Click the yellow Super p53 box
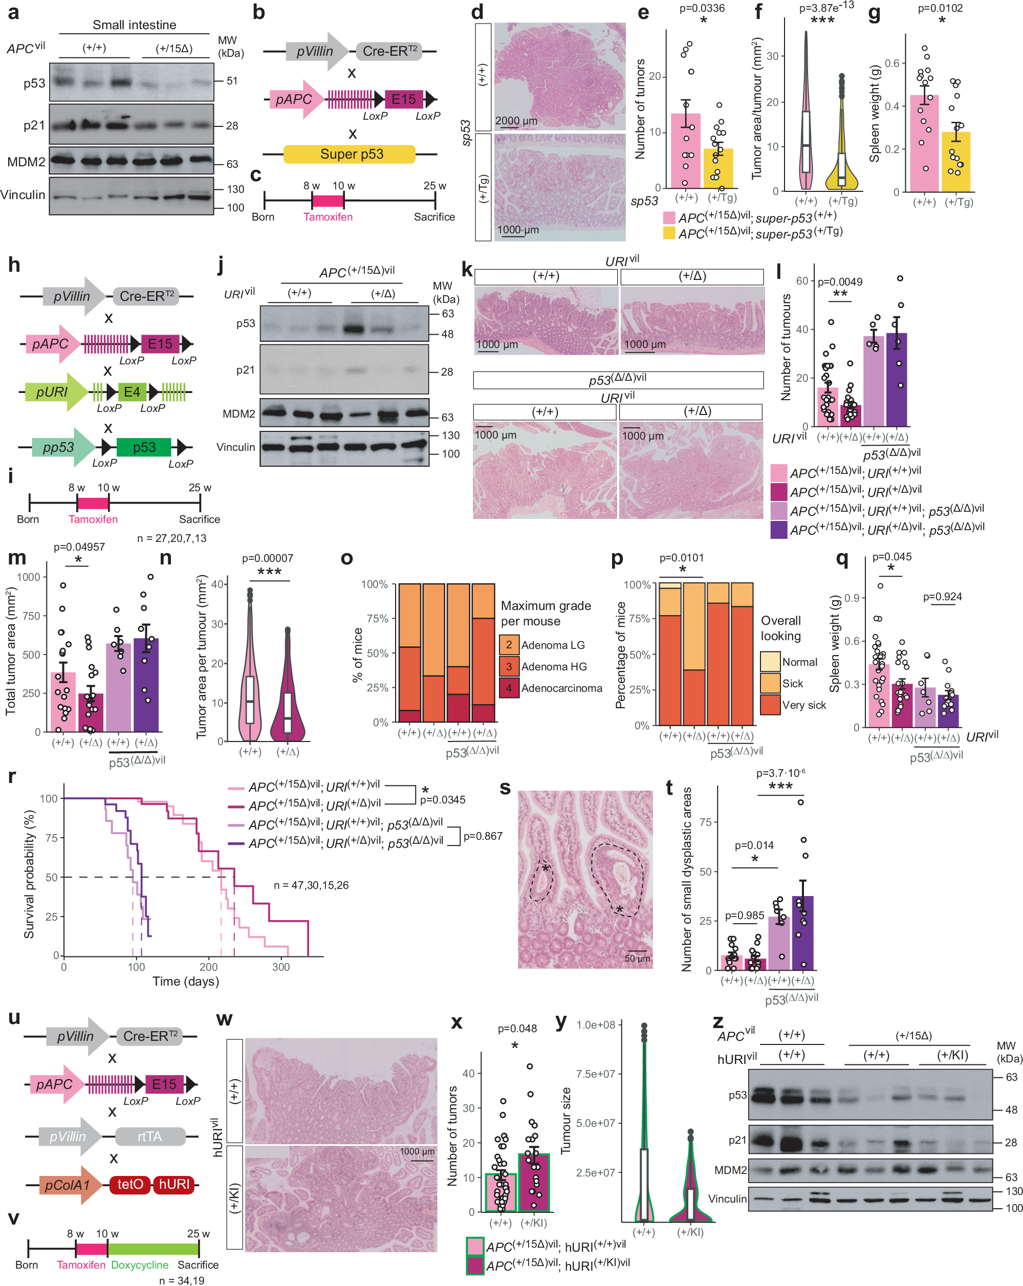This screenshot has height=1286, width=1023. [350, 154]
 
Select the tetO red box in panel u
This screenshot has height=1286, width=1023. [130, 1184]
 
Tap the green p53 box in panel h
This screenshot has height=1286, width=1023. [144, 447]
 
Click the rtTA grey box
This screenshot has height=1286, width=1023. [150, 1136]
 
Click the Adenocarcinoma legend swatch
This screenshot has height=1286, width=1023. [509, 688]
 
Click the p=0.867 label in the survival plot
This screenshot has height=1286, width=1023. [483, 836]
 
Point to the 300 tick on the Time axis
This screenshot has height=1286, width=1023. [281, 967]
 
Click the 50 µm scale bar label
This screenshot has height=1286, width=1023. [637, 958]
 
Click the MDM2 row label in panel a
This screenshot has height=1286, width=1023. [26, 162]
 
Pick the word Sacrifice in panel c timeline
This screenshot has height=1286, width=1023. [434, 217]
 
